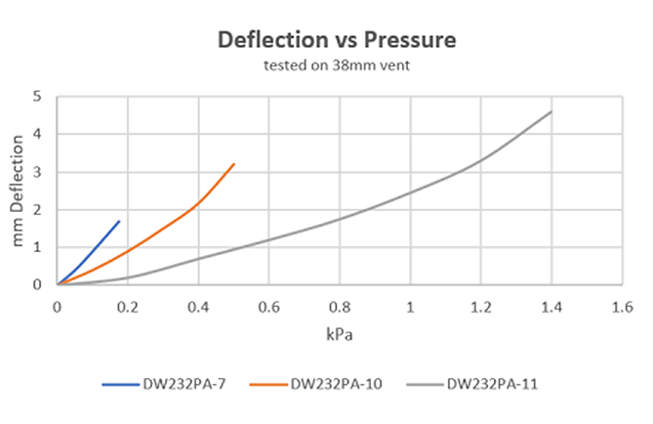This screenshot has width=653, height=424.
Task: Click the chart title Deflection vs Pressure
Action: coord(337,41)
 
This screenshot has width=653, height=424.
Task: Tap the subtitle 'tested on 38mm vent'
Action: coord(337,65)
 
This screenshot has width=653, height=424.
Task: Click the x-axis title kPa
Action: coord(340,334)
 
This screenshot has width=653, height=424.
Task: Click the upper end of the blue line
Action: coord(119,221)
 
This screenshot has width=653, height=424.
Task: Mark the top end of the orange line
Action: coord(234,163)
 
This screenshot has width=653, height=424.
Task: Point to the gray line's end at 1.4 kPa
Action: coord(551,111)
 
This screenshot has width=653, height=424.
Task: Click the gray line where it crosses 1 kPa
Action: coord(410,192)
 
